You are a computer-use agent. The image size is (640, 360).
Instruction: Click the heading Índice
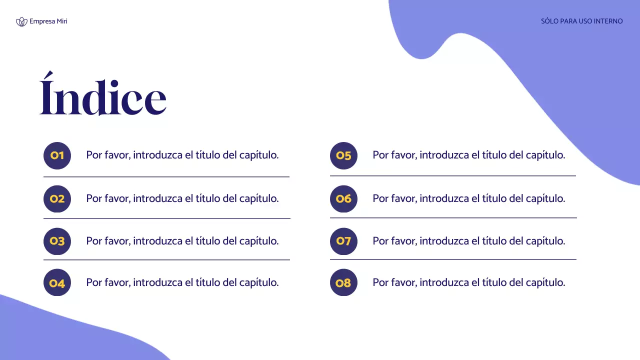[103, 97]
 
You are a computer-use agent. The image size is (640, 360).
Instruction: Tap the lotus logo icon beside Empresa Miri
[21, 21]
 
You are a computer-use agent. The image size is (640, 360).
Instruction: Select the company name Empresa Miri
[48, 21]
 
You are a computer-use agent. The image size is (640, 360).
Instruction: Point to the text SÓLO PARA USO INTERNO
[581, 21]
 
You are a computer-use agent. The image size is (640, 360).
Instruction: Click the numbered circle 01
[57, 155]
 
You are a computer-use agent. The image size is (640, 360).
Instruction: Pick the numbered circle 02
[57, 199]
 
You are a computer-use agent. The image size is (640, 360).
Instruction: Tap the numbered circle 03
[57, 241]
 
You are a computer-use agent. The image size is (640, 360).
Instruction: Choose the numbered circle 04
[57, 283]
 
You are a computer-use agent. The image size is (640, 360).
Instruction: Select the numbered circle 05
[344, 155]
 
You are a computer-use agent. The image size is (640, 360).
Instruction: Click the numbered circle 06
[344, 199]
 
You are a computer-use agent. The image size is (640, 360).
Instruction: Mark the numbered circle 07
[344, 241]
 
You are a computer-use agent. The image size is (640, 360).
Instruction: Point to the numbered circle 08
[344, 283]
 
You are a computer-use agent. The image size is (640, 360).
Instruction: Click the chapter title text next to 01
[182, 155]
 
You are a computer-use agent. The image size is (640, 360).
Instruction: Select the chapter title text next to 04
[182, 282]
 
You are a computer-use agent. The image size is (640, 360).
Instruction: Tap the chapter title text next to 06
[468, 198]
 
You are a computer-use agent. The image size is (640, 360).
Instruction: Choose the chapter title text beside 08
[468, 282]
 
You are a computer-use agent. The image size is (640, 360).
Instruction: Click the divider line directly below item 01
[166, 176]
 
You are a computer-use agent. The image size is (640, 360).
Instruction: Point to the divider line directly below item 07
[453, 259]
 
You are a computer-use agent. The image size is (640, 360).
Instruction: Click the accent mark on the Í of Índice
[47, 76]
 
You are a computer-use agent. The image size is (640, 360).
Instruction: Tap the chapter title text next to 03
[182, 241]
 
